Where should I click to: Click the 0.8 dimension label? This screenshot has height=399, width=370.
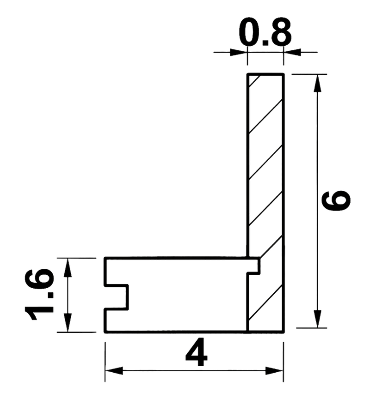pos(265,31)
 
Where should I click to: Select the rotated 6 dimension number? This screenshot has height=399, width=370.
pos(336,201)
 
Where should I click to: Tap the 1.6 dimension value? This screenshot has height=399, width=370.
pos(39,294)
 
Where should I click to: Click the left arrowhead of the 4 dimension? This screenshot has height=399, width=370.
pos(114,371)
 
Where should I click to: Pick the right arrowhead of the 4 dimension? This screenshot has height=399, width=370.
pos(274,371)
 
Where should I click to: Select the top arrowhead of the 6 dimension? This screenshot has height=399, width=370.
pos(317,83)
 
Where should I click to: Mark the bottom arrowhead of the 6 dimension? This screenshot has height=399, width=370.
pos(317,319)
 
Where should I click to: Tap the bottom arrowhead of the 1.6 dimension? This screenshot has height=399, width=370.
pos(68,323)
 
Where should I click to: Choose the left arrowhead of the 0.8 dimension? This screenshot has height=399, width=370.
pos(239,53)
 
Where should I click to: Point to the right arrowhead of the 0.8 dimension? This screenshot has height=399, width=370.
pos(292,53)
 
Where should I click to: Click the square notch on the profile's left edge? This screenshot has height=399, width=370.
pos(117,297)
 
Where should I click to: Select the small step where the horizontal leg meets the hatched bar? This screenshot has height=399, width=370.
pos(254,266)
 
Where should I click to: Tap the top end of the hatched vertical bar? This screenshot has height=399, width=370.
pos(265,74)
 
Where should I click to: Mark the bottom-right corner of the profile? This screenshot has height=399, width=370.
pos(284,332)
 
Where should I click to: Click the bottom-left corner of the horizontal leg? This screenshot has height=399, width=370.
pos(105,332)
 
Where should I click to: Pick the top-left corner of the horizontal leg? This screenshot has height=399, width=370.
pos(105,259)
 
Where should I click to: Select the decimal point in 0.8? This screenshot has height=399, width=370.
pos(265,42)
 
